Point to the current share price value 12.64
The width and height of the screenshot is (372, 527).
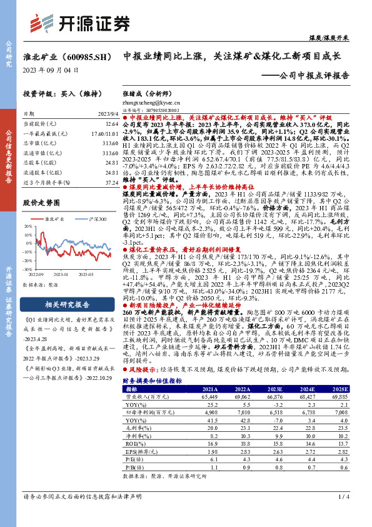(112, 124)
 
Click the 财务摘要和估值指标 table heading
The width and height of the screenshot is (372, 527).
(153, 379)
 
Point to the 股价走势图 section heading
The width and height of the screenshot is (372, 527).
(44, 203)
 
